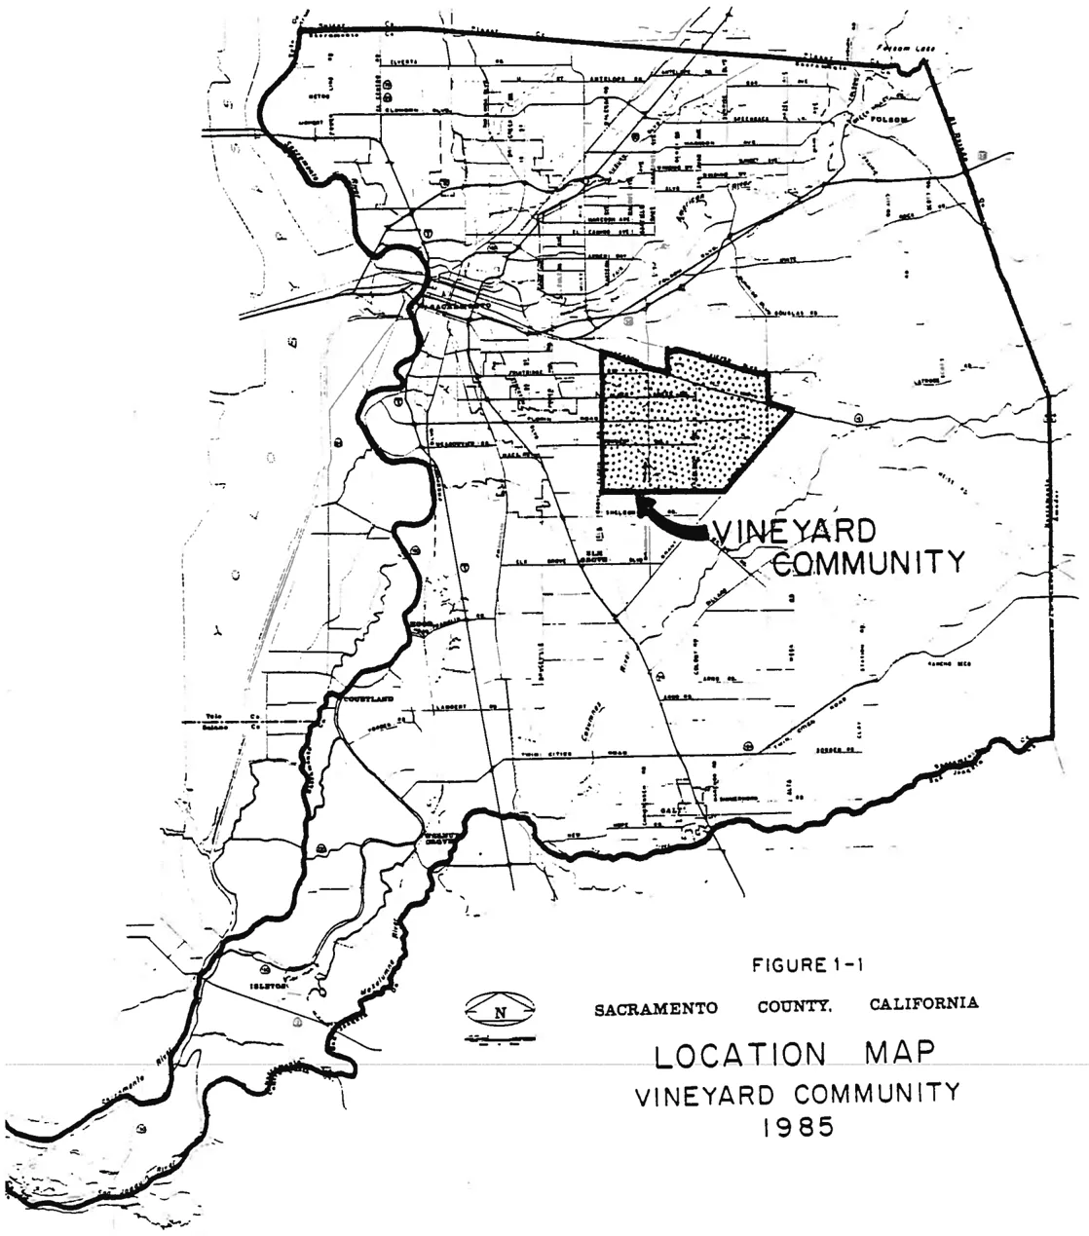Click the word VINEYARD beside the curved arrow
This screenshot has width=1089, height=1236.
click(x=795, y=533)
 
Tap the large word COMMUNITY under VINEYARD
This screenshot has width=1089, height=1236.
click(x=866, y=563)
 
